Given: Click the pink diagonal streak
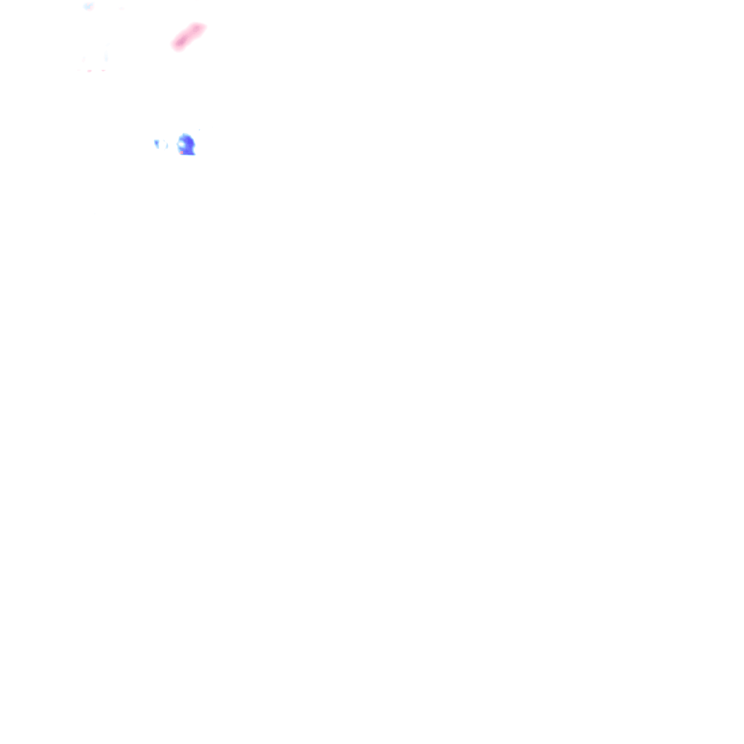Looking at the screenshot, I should click(x=188, y=36).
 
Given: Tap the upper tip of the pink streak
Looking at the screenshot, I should click(x=202, y=26).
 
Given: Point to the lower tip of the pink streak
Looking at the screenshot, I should click(x=175, y=46).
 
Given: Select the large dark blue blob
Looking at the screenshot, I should click(x=187, y=145).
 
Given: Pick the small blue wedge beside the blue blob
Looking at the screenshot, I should click(x=157, y=144).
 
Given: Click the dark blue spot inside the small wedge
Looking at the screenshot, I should click(x=156, y=142).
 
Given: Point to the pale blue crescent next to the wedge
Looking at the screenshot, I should click(x=165, y=145).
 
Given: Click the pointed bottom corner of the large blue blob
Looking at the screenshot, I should click(x=193, y=153).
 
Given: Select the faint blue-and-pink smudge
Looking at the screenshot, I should click(x=89, y=7).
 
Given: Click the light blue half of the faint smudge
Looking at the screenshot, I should click(x=86, y=7).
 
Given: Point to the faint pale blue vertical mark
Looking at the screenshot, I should click(x=106, y=54).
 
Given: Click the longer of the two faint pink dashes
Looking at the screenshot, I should click(x=89, y=70).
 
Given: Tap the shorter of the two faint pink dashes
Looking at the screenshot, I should click(x=102, y=70).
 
